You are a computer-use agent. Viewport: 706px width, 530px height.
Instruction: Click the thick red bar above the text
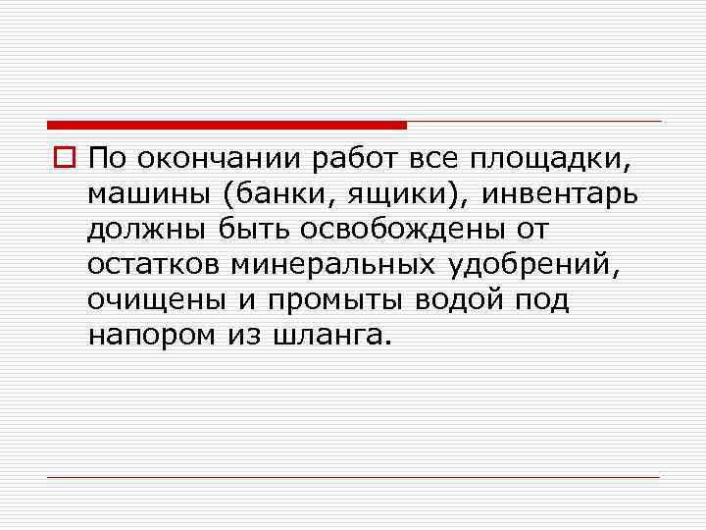coord(227,125)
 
